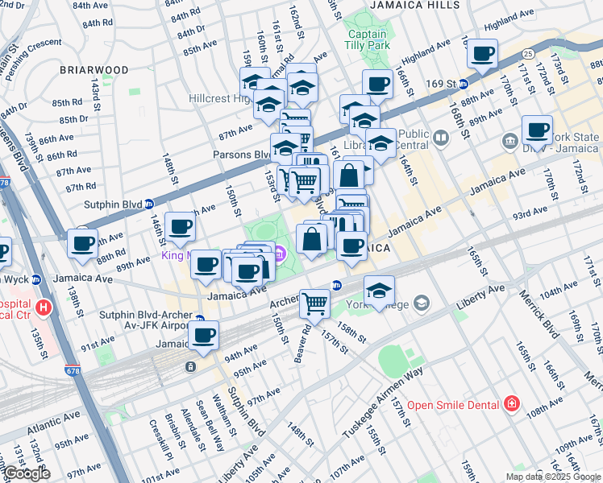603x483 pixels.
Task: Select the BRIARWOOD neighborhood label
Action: [x=94, y=70]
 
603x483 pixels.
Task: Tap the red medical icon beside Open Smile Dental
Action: [x=510, y=403]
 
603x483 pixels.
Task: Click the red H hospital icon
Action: [x=44, y=307]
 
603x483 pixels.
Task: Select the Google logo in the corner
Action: [x=27, y=473]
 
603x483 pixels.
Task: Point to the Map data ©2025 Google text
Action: [x=553, y=477]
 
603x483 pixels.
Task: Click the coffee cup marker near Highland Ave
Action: [x=483, y=55]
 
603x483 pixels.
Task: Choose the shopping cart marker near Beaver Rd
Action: [x=315, y=303]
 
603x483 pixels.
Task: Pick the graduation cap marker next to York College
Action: [x=378, y=291]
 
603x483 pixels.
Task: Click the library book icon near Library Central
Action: [x=440, y=138]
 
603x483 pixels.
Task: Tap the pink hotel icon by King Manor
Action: [x=280, y=256]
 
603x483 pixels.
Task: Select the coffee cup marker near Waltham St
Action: [x=203, y=336]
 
